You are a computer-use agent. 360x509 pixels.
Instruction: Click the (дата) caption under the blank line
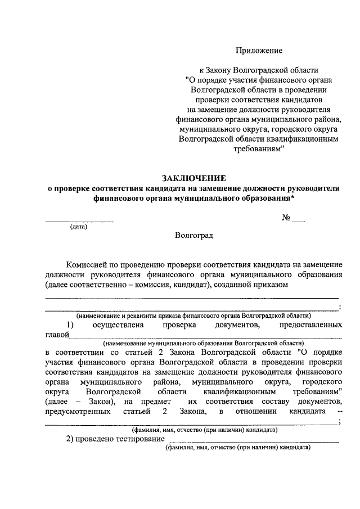click(79, 227)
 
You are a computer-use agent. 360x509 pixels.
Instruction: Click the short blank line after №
click(299, 222)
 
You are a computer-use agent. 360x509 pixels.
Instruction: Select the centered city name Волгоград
click(194, 236)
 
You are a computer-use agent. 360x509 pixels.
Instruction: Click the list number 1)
click(70, 325)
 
